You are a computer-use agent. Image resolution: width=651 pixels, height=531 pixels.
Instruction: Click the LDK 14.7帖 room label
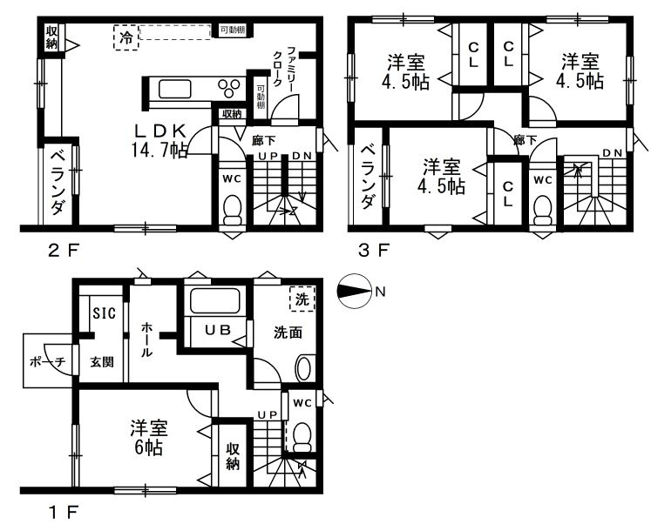(x=159, y=141)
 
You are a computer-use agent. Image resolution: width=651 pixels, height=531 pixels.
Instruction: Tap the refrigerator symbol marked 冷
(x=126, y=37)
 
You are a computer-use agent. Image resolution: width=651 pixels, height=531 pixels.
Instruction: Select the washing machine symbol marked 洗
(x=302, y=299)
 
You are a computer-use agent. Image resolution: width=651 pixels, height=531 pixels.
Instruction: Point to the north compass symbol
(x=354, y=292)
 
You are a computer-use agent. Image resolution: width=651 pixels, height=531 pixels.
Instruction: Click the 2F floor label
(x=62, y=250)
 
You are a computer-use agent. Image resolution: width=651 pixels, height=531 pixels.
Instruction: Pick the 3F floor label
(x=374, y=250)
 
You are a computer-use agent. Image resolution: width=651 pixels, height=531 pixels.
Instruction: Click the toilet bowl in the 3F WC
(x=542, y=210)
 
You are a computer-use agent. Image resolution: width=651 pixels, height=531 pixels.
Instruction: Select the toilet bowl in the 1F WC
(x=302, y=437)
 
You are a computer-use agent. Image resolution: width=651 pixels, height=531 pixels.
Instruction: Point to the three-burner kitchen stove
(x=229, y=88)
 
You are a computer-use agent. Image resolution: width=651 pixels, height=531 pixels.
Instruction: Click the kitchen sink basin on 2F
(x=175, y=89)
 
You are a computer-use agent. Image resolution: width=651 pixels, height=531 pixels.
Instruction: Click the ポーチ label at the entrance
(x=48, y=362)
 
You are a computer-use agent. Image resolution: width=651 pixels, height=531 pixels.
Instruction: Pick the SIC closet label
(x=105, y=313)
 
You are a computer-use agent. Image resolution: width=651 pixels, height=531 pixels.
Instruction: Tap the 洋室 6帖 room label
(x=149, y=438)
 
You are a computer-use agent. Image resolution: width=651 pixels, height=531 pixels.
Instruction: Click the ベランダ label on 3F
(x=368, y=177)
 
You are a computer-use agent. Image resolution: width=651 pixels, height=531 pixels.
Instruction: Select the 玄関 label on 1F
(x=102, y=362)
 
